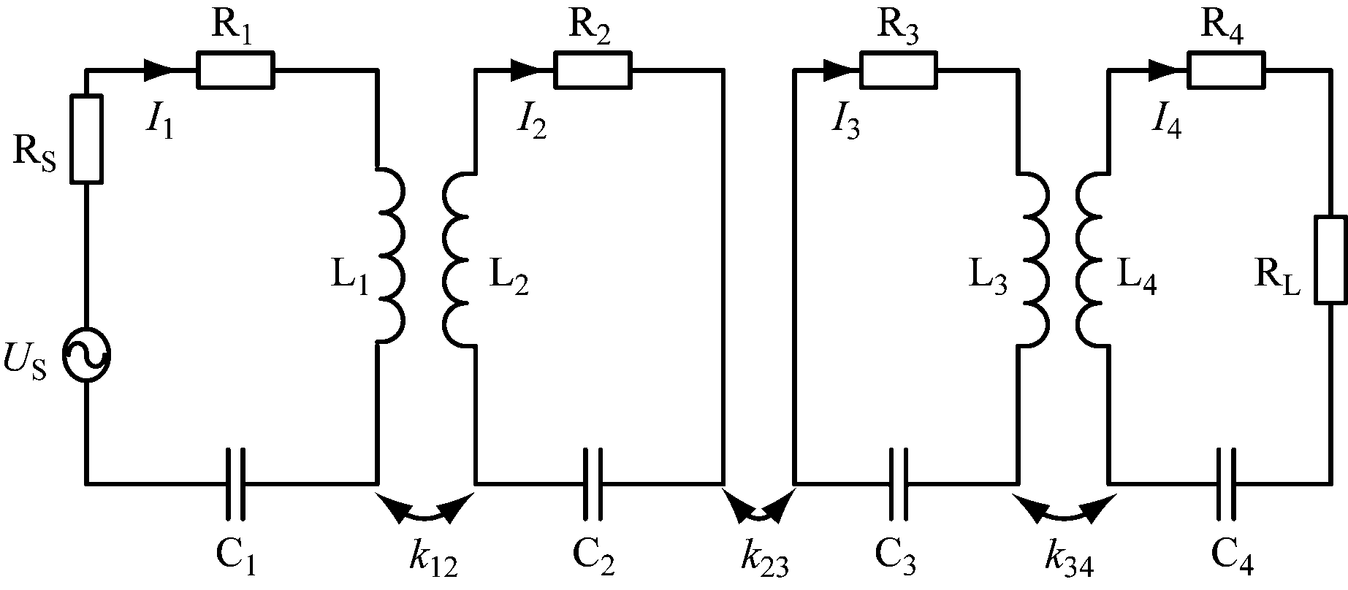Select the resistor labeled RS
86,138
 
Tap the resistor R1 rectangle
236,70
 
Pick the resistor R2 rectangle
593,70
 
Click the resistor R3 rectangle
898,70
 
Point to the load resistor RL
1330,259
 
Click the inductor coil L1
390,256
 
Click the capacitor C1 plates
235,483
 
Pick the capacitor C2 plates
593,483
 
